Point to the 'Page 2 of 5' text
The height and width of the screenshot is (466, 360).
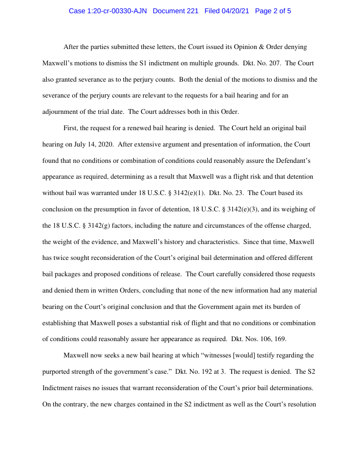(273, 11)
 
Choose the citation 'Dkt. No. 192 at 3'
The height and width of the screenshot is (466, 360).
(201, 372)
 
